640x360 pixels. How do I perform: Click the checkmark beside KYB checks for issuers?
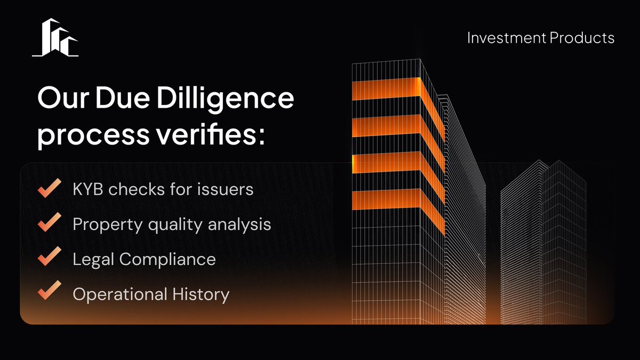[49, 189]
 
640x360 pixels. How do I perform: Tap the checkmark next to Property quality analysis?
[49, 224]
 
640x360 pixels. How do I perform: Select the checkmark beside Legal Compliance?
[49, 259]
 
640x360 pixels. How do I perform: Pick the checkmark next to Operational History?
[49, 293]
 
